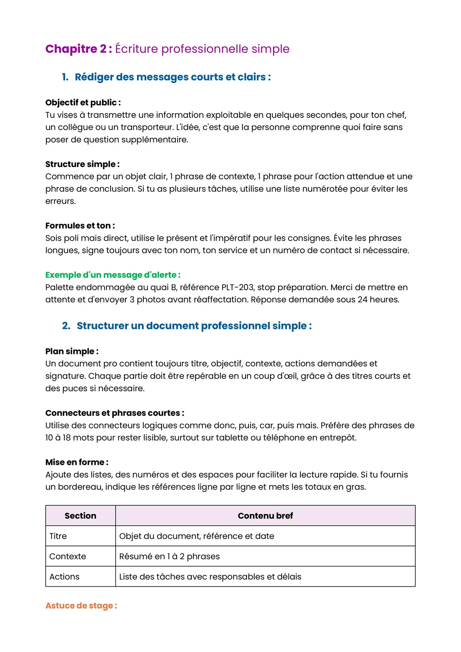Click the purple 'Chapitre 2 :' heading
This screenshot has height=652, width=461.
click(x=78, y=49)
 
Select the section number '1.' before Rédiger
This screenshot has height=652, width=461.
click(x=65, y=77)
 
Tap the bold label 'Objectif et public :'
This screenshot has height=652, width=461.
click(x=83, y=103)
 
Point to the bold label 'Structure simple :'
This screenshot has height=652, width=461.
click(x=82, y=164)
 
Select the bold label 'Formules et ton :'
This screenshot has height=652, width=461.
click(x=80, y=226)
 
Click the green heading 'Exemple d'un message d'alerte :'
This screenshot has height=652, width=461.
click(x=113, y=275)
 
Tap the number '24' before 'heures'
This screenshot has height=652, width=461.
click(x=362, y=300)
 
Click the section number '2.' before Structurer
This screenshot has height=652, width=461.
click(x=66, y=326)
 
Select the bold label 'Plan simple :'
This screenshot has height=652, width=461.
click(x=72, y=351)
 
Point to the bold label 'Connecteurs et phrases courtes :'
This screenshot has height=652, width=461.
click(x=114, y=413)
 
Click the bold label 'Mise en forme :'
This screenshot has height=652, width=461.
click(x=77, y=462)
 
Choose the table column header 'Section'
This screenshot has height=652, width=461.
click(x=80, y=516)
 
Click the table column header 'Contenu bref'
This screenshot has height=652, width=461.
click(x=265, y=516)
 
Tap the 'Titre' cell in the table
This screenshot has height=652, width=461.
click(x=58, y=536)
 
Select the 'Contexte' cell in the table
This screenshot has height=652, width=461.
click(x=68, y=556)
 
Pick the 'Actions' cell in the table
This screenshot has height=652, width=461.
click(x=64, y=577)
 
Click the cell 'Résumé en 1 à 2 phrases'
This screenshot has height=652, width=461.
click(x=169, y=556)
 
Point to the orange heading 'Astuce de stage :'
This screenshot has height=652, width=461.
click(x=81, y=606)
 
